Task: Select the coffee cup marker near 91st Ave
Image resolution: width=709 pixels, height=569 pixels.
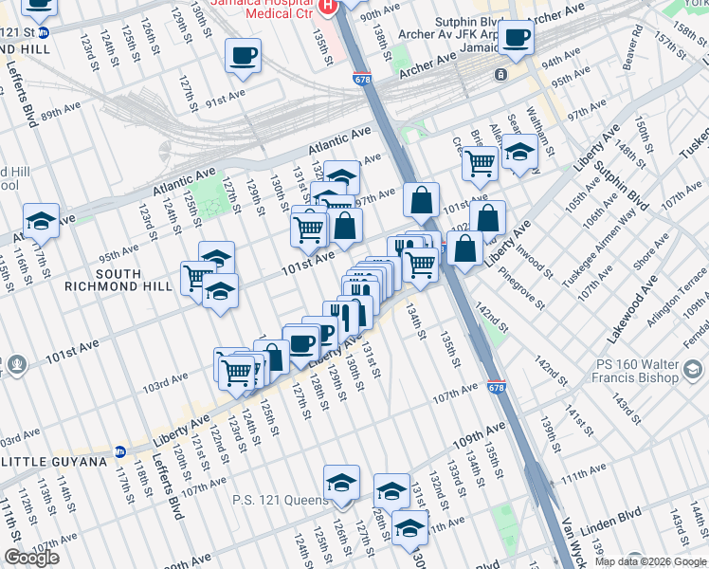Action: click(x=244, y=55)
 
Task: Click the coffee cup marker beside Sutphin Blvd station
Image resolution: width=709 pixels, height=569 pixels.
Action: click(x=517, y=38)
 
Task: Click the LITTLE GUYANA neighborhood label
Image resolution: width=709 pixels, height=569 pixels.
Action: click(x=54, y=462)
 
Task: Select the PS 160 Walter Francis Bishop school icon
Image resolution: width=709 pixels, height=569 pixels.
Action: click(x=693, y=369)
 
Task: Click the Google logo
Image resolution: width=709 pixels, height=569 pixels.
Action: click(x=31, y=558)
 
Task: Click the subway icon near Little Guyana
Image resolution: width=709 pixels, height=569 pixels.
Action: click(x=120, y=452)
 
